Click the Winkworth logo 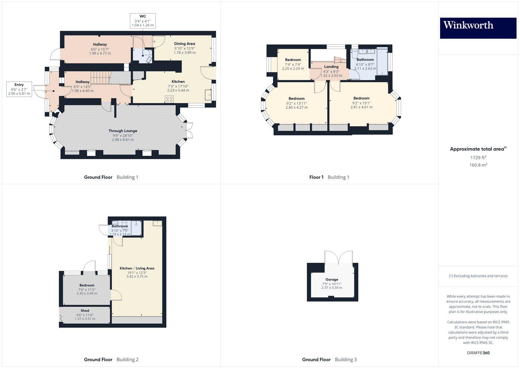pos(478,28)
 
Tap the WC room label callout pos(143,21)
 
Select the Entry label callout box pos(19,89)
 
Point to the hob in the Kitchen pos(169,99)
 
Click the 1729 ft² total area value pos(478,158)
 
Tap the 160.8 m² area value pos(478,165)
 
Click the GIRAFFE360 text pos(478,353)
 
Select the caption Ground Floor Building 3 pos(329,359)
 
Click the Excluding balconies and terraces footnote pos(478,276)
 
